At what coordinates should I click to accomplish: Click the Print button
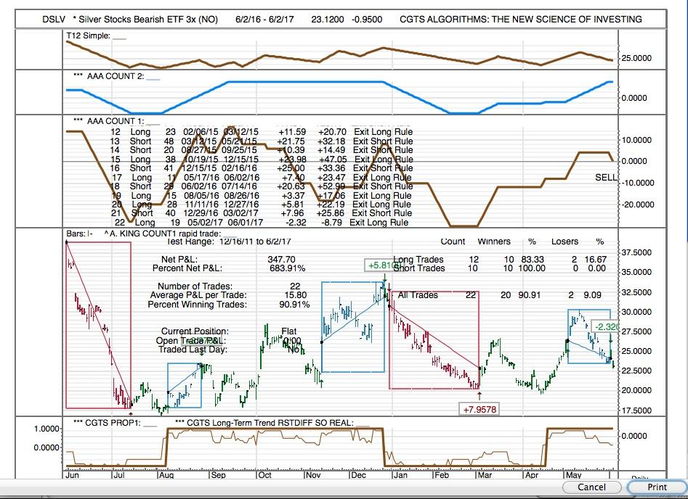click(657, 487)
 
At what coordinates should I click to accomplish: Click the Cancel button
click(591, 487)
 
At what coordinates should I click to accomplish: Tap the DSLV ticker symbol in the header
click(54, 20)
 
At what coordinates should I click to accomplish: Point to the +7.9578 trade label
click(479, 410)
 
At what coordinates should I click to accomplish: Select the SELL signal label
click(605, 178)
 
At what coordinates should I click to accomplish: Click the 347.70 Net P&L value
click(281, 259)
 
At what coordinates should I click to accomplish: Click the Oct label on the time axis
click(264, 476)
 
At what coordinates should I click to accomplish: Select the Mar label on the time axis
click(485, 476)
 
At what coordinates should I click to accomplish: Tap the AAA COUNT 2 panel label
click(115, 76)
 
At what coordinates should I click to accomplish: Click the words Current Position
click(194, 331)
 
